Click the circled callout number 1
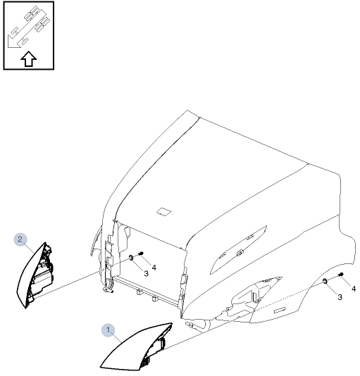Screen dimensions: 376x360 [108, 329]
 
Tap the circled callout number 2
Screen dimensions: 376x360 [20, 239]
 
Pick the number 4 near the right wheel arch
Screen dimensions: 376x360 [353, 288]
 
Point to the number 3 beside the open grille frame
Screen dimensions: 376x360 [145, 272]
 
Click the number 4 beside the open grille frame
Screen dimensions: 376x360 [154, 267]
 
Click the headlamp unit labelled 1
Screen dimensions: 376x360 [137, 349]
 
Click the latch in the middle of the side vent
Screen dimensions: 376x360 [240, 252]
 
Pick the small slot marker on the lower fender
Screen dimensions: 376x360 [280, 310]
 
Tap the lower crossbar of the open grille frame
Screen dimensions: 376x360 [148, 289]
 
